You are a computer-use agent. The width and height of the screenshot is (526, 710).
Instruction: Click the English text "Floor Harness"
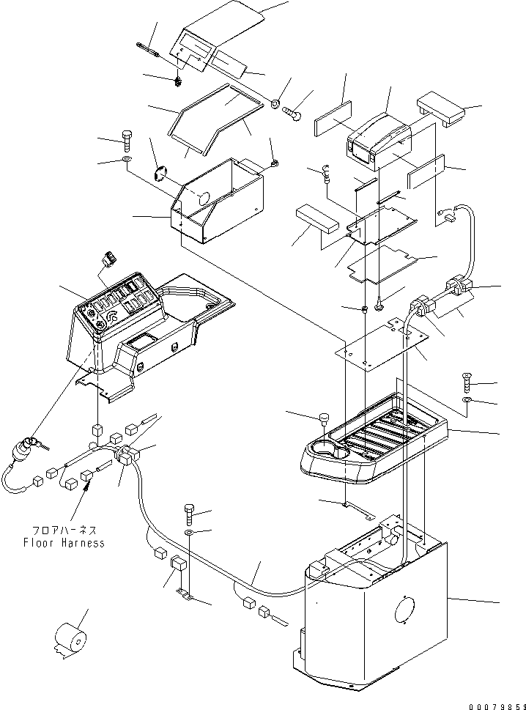(64, 543)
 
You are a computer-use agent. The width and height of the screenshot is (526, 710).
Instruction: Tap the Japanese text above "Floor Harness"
(64, 530)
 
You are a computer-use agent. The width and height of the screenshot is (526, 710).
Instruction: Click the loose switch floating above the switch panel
(111, 259)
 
